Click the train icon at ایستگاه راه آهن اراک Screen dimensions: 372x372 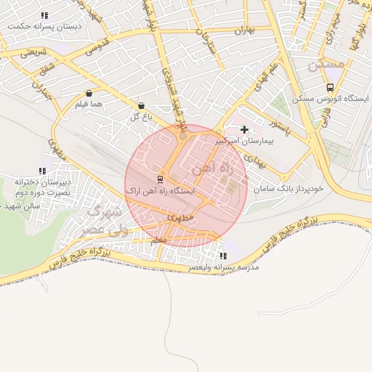160,179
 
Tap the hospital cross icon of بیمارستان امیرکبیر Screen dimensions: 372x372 244,129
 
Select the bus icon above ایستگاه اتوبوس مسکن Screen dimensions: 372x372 331,87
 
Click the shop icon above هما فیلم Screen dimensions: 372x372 89,94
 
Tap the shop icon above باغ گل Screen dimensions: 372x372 140,105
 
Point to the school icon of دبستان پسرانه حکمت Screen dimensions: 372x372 45,15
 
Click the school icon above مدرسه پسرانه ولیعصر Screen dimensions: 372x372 222,256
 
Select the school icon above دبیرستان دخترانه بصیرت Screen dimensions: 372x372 41,171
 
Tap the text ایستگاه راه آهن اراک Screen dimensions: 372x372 161,190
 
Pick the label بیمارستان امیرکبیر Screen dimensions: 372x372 243,141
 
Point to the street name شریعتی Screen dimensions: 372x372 33,52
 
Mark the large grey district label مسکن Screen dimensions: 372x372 325,65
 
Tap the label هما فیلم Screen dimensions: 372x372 88,105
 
